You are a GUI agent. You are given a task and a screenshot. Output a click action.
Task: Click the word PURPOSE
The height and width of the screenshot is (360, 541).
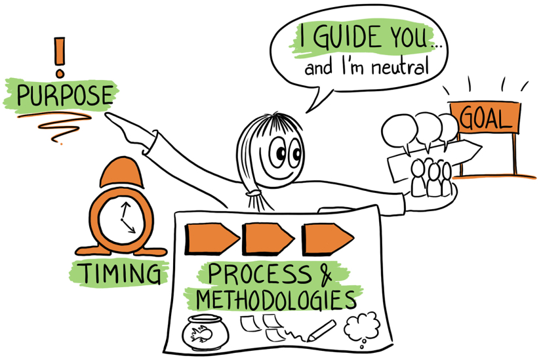(x=64, y=96)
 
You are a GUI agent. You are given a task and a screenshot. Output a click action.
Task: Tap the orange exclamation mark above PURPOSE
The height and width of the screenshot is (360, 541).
(x=61, y=54)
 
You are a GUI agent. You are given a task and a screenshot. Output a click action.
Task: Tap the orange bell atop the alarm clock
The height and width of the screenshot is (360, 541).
(x=121, y=174)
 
